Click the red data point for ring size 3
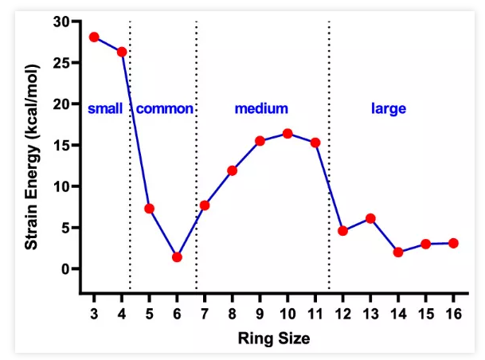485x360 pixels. pyautogui.click(x=94, y=37)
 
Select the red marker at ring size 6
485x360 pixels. pyautogui.click(x=177, y=257)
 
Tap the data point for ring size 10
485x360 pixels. pyautogui.click(x=287, y=133)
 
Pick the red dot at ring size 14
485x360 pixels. pyautogui.click(x=398, y=252)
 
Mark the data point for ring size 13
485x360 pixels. pyautogui.click(x=370, y=218)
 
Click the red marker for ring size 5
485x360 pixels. pyautogui.click(x=149, y=209)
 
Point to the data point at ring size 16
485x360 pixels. pyautogui.click(x=453, y=243)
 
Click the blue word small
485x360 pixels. pyautogui.click(x=105, y=108)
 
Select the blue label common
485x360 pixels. pyautogui.click(x=165, y=108)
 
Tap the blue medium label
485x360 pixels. pyautogui.click(x=261, y=108)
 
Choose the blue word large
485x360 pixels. pyautogui.click(x=389, y=108)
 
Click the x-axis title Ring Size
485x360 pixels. pyautogui.click(x=274, y=338)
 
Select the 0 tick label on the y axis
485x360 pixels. pyautogui.click(x=65, y=269)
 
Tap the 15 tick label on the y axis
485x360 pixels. pyautogui.click(x=62, y=145)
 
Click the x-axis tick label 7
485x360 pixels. pyautogui.click(x=205, y=312)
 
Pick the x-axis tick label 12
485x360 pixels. pyautogui.click(x=342, y=312)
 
